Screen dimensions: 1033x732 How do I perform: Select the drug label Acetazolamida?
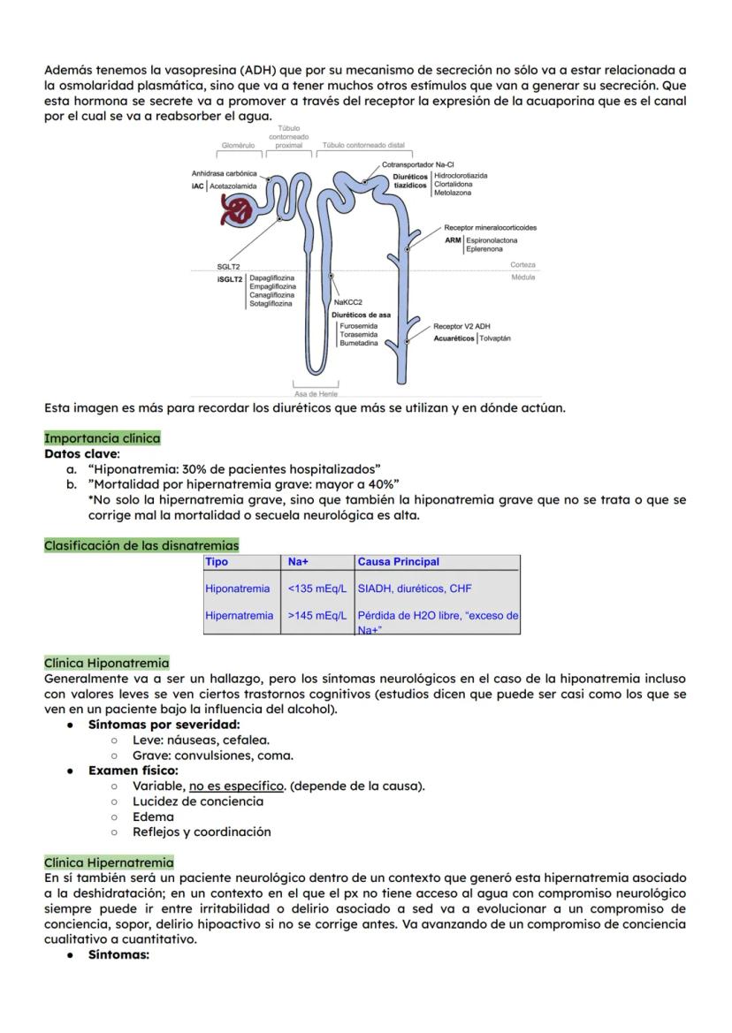(233, 186)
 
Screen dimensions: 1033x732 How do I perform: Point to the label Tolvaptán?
(494, 338)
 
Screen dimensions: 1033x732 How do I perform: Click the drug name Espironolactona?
(492, 240)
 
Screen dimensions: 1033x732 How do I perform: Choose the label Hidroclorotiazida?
(461, 176)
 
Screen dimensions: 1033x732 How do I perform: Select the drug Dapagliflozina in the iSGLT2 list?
(273, 277)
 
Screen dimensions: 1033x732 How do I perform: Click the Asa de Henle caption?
(316, 393)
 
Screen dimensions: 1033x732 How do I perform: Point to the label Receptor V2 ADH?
(461, 326)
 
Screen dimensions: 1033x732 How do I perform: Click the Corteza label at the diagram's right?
(522, 265)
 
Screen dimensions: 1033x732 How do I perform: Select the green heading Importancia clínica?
(103, 438)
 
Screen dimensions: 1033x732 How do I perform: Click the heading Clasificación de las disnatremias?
(141, 545)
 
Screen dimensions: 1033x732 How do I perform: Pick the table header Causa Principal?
(398, 562)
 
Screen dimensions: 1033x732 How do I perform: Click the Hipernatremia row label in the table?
(239, 615)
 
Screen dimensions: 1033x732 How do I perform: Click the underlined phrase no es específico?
(235, 786)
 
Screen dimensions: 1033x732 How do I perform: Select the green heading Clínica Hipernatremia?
(109, 862)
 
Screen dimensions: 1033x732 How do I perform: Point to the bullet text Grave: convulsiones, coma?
(213, 756)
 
